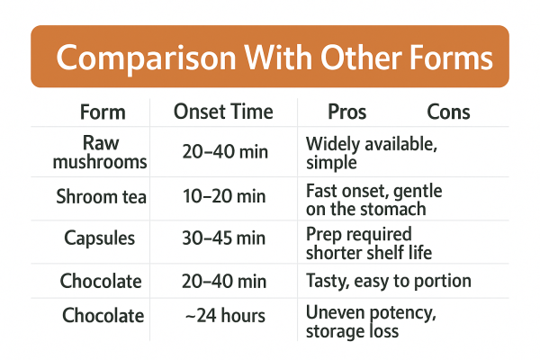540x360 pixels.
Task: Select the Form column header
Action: pos(103,112)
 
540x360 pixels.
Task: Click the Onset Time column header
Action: pos(223,112)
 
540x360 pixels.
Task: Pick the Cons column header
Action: pos(448,112)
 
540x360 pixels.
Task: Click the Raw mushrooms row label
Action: pos(102,152)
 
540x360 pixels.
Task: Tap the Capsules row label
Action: pos(102,238)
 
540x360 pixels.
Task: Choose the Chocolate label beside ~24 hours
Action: pos(102,316)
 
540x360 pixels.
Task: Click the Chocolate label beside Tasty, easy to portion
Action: pos(102,281)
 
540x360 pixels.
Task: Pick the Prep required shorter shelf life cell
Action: pos(369,241)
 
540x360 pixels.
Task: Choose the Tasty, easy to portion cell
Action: pos(388,281)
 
